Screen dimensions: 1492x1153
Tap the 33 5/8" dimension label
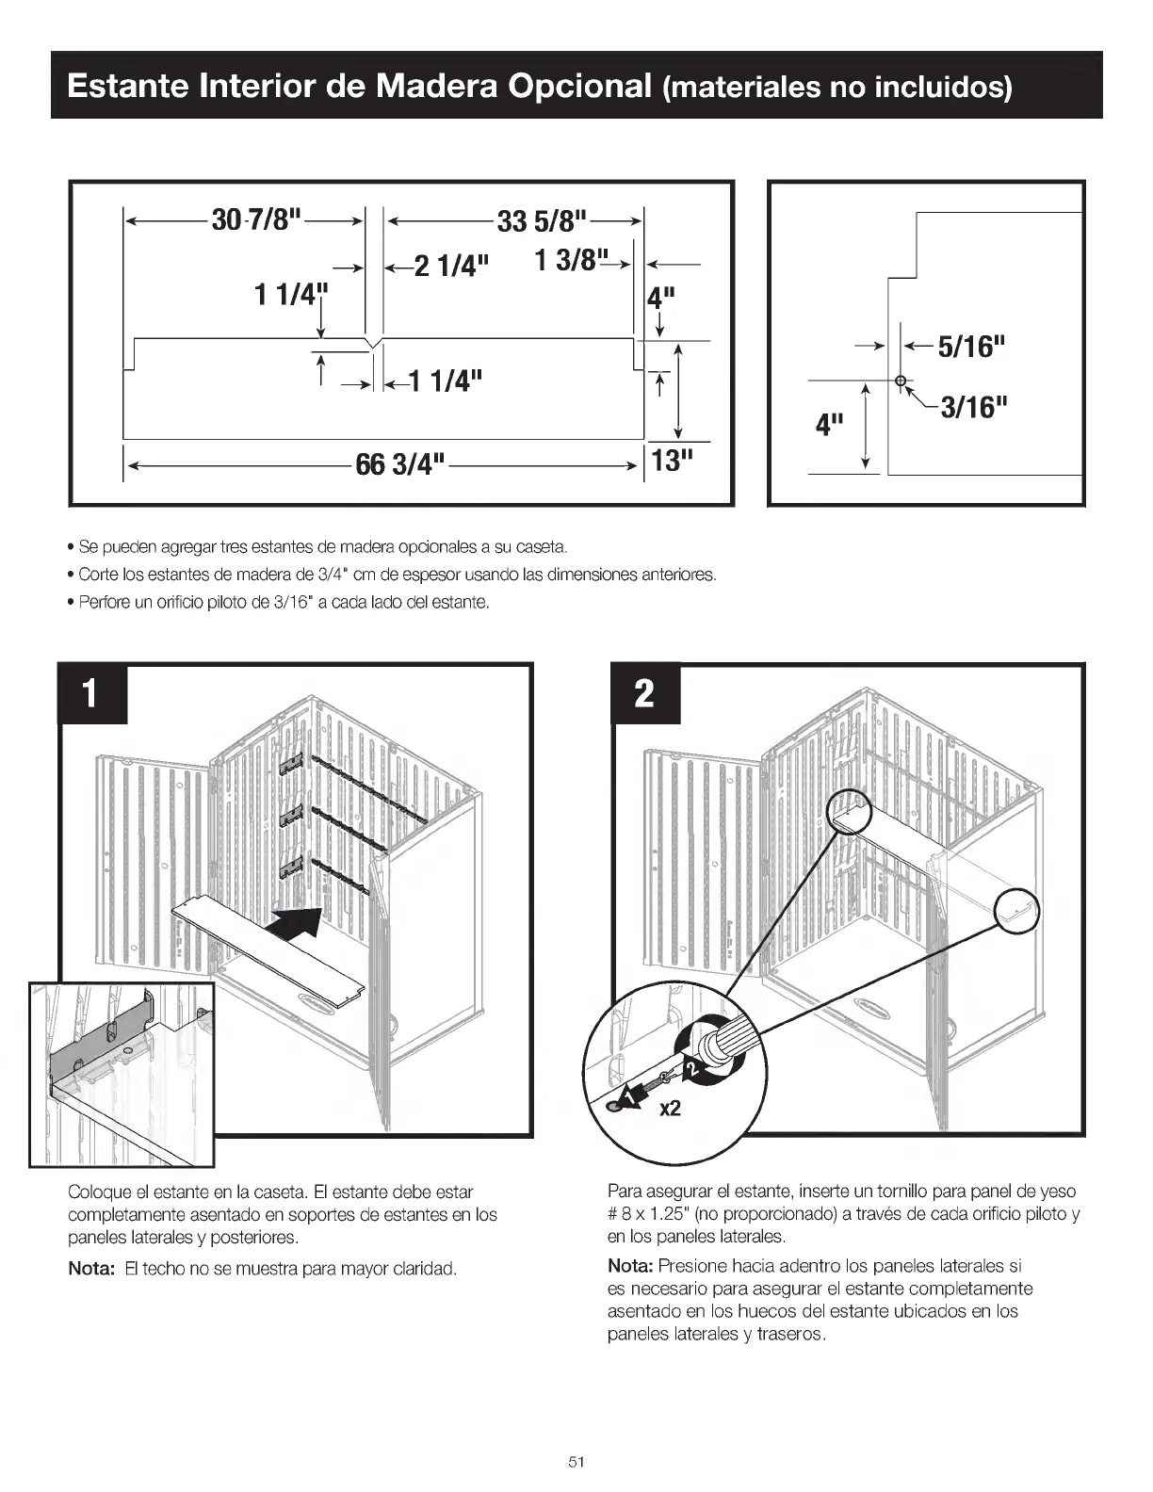coord(542,221)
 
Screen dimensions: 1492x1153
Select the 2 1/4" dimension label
coord(451,267)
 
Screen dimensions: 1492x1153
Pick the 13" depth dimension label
coord(672,461)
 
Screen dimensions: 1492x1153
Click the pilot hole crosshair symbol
coord(900,381)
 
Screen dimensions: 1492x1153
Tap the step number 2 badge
coord(645,694)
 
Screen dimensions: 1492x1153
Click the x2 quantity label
coord(669,1109)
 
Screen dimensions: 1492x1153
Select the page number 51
coord(576,1462)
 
